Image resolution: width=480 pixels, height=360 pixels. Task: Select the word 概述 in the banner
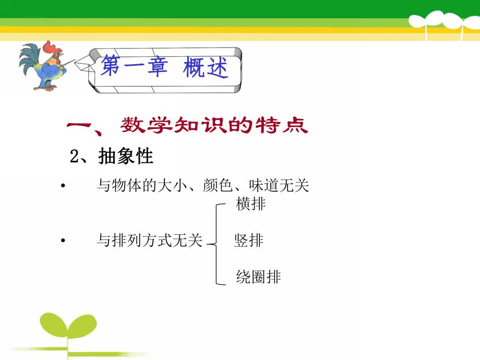point(206,68)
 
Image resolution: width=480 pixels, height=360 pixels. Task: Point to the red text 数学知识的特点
point(214,126)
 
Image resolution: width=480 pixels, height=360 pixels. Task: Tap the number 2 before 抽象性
point(74,157)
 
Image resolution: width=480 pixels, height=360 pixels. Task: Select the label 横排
point(251,204)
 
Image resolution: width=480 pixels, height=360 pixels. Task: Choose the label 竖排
point(249,241)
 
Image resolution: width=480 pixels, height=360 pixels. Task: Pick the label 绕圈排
point(258,277)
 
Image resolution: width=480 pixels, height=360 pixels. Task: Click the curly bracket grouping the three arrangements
point(216,243)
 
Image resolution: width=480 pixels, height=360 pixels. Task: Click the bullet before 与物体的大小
point(63,186)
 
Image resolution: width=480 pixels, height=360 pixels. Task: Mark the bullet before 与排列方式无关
point(63,241)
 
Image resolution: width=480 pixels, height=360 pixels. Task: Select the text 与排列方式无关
point(149,241)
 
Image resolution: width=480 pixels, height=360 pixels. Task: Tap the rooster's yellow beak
point(62,54)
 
